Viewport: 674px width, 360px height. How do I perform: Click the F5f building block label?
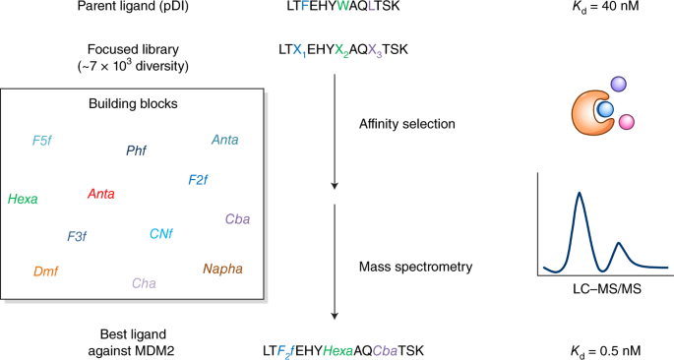pyautogui.click(x=41, y=141)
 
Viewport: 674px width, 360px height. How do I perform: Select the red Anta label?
pyautogui.click(x=100, y=194)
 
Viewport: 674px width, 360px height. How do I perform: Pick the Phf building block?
pyautogui.click(x=136, y=150)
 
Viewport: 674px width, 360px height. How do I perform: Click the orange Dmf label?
pyautogui.click(x=45, y=270)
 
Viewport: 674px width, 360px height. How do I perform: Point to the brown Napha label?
pyautogui.click(x=222, y=269)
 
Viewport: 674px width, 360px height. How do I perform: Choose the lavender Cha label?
pyautogui.click(x=144, y=283)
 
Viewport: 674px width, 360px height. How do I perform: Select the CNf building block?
pyautogui.click(x=161, y=234)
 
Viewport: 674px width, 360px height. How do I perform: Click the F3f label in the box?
pyautogui.click(x=77, y=237)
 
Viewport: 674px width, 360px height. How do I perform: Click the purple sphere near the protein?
pyautogui.click(x=618, y=87)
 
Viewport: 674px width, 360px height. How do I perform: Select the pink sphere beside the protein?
pyautogui.click(x=626, y=123)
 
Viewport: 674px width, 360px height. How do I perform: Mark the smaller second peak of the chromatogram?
pyautogui.click(x=618, y=244)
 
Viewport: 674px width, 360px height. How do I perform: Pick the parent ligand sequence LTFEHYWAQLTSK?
pyautogui.click(x=337, y=12)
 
